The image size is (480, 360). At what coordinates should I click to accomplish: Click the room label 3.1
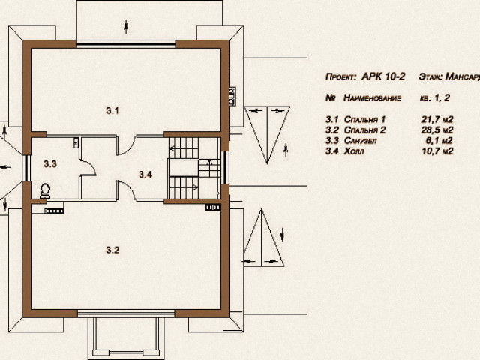click(112, 110)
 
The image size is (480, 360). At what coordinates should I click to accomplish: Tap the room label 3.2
click(112, 250)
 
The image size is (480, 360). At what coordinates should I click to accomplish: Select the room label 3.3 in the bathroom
click(50, 164)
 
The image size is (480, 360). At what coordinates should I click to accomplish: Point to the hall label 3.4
click(145, 175)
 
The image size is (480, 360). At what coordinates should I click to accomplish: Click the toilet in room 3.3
click(45, 191)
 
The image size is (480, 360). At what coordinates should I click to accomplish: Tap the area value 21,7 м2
click(436, 119)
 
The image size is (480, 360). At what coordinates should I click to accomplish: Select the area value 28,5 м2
click(436, 130)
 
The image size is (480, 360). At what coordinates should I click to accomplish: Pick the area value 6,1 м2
click(439, 141)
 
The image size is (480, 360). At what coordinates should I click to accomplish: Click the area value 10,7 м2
click(437, 151)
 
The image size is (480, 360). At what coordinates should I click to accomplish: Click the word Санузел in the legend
click(360, 141)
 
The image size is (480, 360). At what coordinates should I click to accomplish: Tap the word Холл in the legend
click(354, 151)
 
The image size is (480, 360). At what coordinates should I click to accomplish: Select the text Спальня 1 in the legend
click(364, 119)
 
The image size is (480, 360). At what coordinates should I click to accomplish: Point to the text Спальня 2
click(365, 130)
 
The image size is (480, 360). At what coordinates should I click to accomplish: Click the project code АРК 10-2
click(383, 76)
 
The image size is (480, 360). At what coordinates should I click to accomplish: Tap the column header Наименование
click(372, 97)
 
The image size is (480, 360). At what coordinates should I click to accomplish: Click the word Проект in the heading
click(340, 76)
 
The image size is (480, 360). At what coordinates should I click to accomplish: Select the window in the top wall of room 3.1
click(126, 44)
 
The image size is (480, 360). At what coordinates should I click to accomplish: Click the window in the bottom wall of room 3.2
click(126, 313)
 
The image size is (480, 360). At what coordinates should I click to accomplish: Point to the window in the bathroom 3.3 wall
click(27, 168)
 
